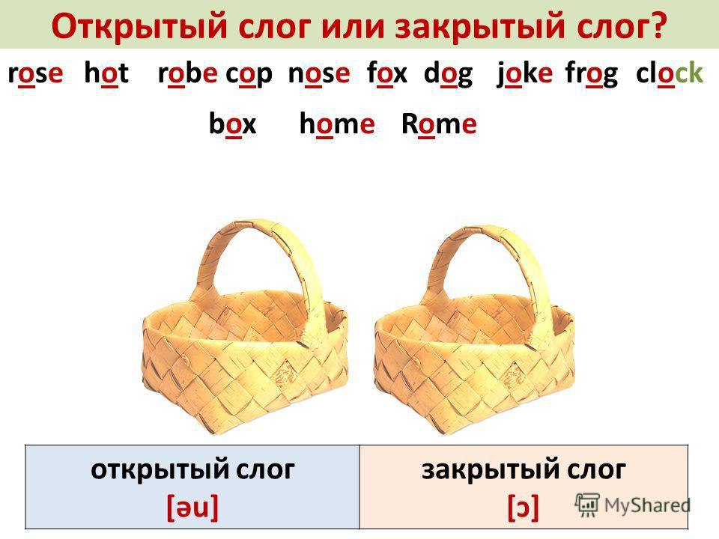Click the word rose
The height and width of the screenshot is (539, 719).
tap(36, 73)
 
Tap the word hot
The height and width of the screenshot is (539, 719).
tap(106, 73)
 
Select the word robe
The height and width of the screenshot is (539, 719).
tap(187, 73)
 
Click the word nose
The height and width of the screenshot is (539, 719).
tap(319, 73)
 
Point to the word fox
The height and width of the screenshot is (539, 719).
tap(387, 73)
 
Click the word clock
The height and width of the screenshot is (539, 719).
tap(670, 73)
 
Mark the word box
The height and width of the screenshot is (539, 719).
tap(232, 124)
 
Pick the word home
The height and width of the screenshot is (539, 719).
tap(337, 124)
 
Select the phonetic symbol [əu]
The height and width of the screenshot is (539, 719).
tap(192, 508)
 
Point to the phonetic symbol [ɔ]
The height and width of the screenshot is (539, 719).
tap(524, 508)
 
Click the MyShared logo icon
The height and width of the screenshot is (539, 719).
tap(587, 505)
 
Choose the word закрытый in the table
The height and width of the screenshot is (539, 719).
tap(488, 470)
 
